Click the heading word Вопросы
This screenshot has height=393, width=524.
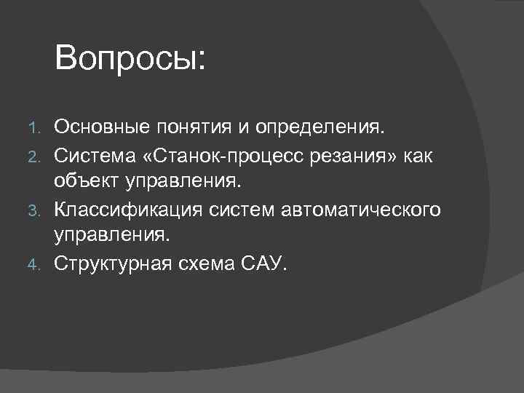click(x=130, y=58)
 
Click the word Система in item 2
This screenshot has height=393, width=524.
click(x=95, y=156)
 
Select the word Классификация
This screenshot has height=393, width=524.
click(x=130, y=210)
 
